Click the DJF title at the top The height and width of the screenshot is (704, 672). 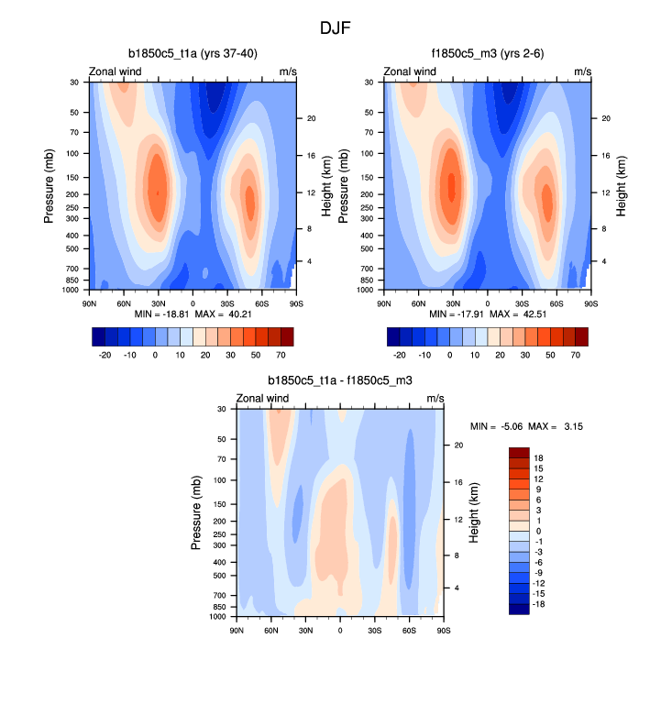pos(336,27)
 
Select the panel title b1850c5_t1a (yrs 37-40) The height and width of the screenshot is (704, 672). pos(193,53)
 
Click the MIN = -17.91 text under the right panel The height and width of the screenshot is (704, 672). pos(446,315)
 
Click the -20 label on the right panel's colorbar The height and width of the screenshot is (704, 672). pos(400,353)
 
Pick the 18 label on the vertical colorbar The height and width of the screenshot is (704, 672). pos(539,457)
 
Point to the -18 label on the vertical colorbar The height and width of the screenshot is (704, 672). pos(537,605)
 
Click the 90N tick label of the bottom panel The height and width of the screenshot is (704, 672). pos(237,631)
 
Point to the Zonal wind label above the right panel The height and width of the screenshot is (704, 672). pos(410,71)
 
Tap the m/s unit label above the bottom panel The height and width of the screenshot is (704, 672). pos(435,398)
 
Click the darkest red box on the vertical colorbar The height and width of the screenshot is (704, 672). pos(519,453)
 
